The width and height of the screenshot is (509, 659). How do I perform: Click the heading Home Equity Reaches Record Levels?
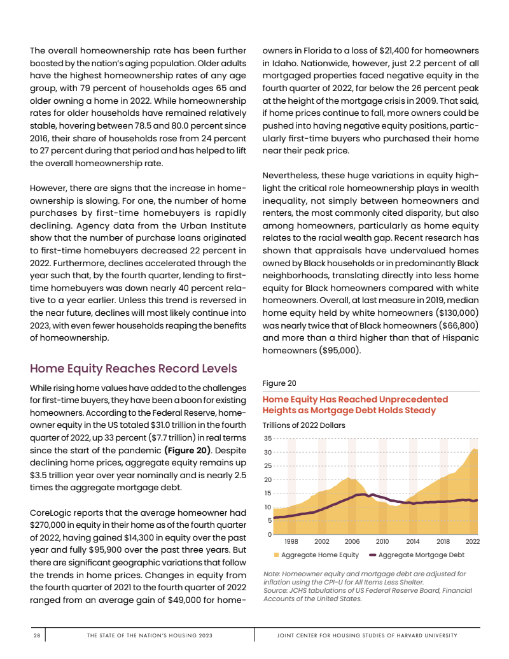(x=134, y=368)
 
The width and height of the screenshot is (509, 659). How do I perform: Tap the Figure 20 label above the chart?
(x=279, y=383)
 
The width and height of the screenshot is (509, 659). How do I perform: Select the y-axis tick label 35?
(x=268, y=439)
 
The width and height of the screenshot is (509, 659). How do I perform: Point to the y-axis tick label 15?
(x=268, y=493)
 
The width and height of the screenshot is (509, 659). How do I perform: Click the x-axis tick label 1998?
(x=291, y=541)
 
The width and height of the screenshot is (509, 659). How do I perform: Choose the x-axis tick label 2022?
(x=472, y=541)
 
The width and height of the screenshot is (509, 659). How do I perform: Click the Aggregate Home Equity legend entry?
(x=316, y=555)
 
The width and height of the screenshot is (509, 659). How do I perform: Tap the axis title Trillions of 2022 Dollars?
(x=304, y=425)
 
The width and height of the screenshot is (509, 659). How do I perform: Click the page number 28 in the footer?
(x=37, y=635)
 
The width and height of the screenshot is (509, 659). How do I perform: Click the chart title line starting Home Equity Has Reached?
(x=355, y=399)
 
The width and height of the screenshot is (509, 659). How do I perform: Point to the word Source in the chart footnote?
(x=275, y=590)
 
